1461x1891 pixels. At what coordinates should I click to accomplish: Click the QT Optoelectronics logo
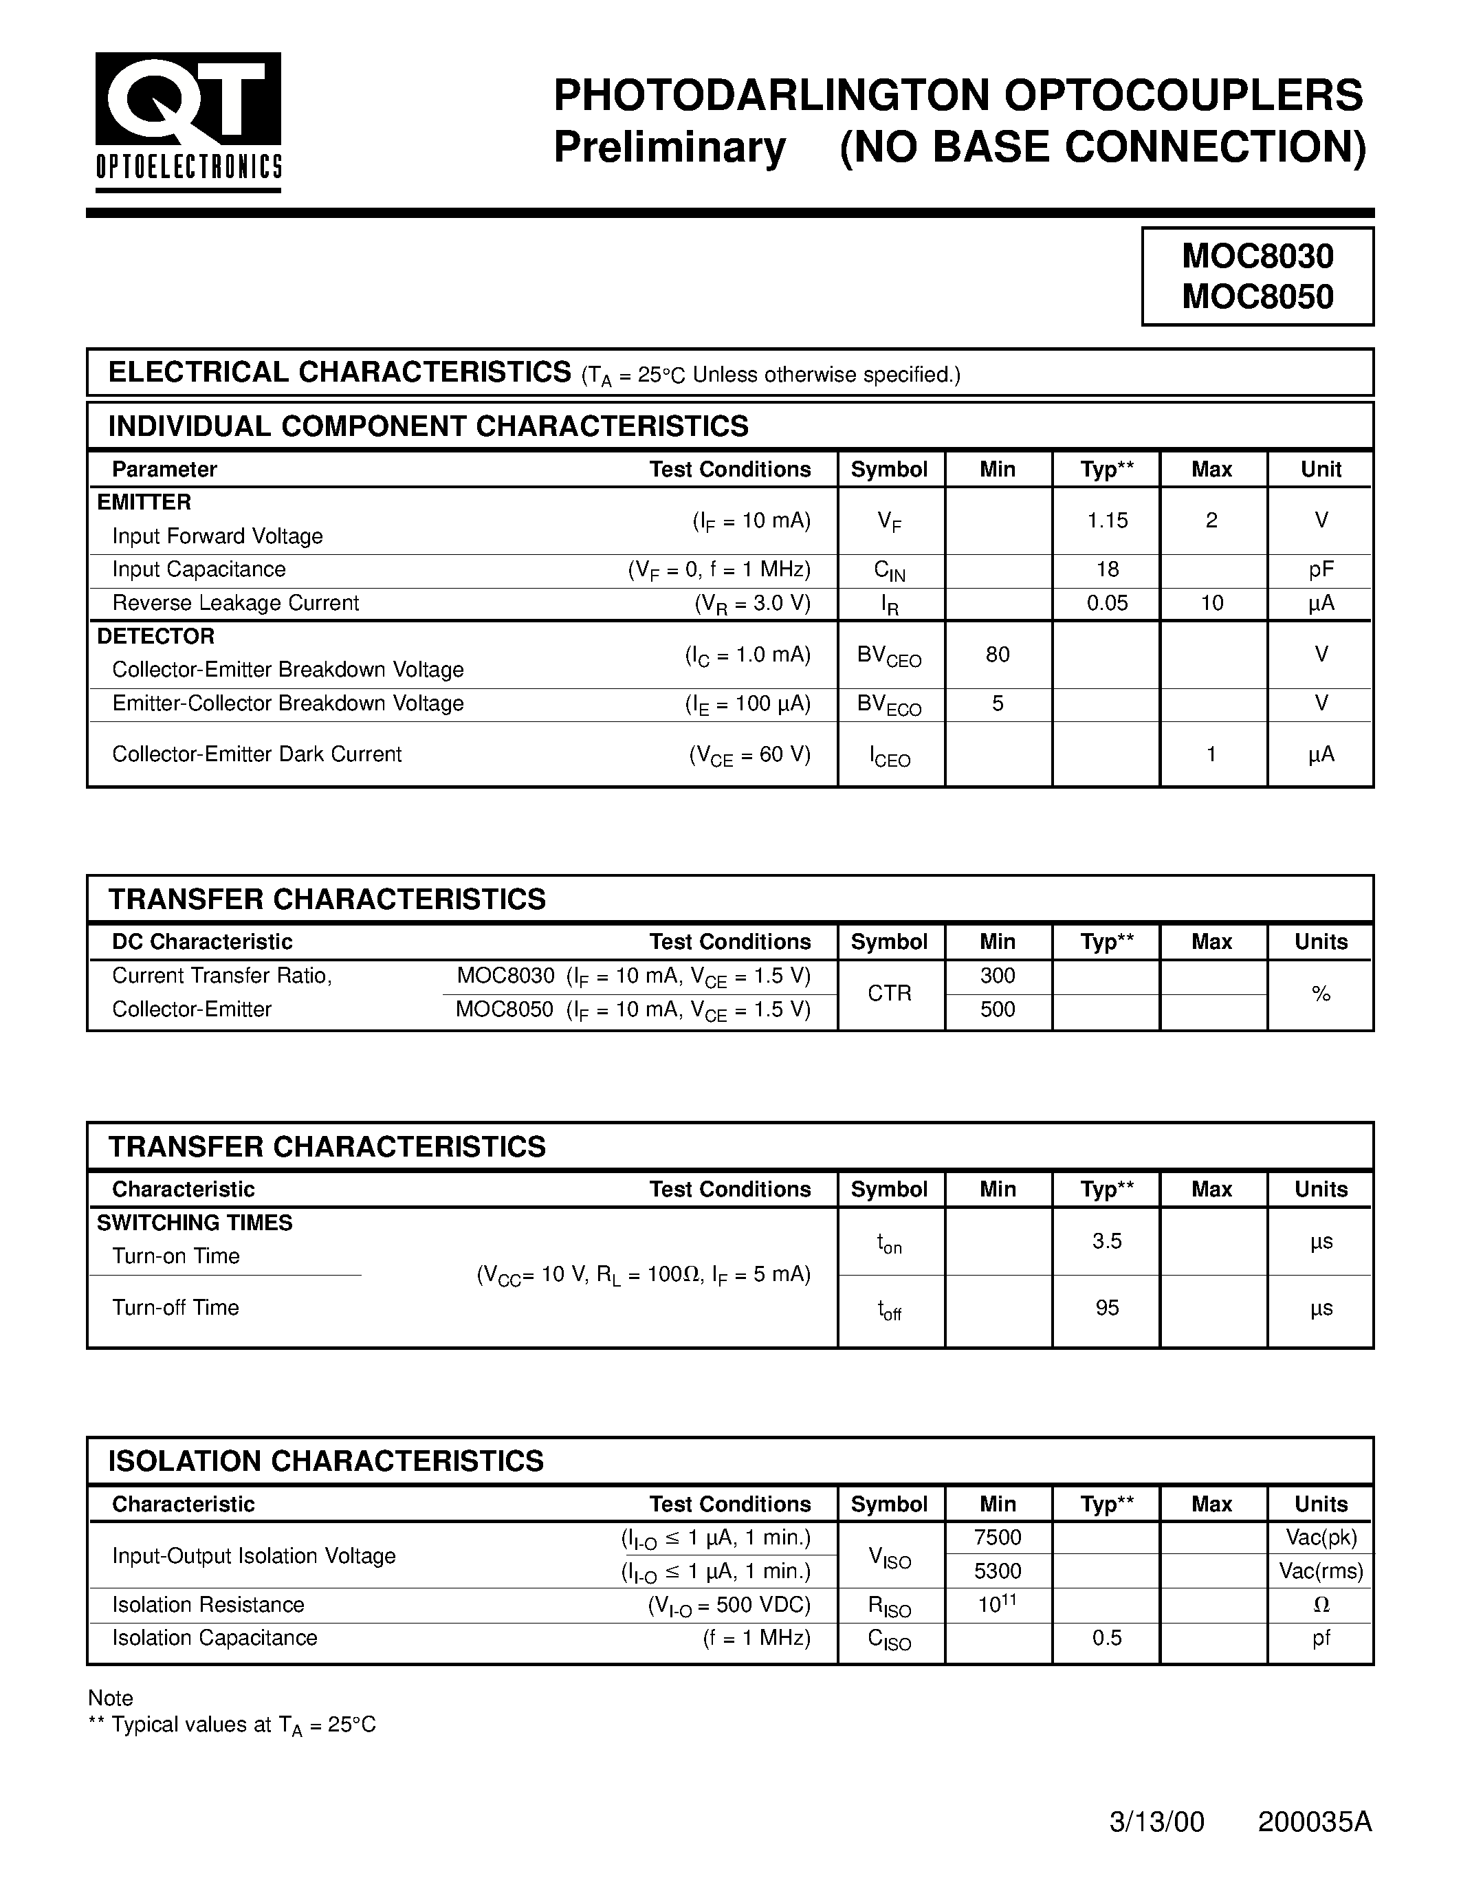[x=188, y=121]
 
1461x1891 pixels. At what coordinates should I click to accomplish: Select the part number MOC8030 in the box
[x=1257, y=256]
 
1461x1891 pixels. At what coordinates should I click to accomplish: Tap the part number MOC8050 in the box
[x=1257, y=297]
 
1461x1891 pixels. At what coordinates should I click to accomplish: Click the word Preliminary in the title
[x=669, y=147]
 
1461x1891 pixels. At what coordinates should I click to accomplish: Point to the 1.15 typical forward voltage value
[x=1107, y=521]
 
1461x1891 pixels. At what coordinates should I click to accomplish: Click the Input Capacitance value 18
[x=1107, y=570]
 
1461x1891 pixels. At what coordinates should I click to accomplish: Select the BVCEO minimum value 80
[x=997, y=655]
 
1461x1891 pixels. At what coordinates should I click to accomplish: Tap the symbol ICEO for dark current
[x=890, y=756]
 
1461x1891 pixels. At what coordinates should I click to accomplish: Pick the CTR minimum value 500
[x=997, y=1009]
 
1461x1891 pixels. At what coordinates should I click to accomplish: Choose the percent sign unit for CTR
[x=1320, y=994]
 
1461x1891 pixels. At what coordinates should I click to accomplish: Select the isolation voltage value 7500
[x=997, y=1537]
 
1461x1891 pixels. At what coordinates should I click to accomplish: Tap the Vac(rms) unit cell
[x=1320, y=1571]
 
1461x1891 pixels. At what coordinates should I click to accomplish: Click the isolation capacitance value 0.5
[x=1107, y=1637]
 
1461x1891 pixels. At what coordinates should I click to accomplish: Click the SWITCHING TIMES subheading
[x=195, y=1223]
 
